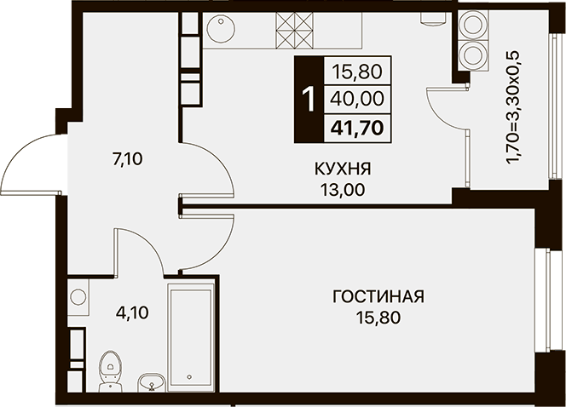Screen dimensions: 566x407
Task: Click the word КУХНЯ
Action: point(343,169)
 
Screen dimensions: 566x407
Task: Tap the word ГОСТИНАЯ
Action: point(378,296)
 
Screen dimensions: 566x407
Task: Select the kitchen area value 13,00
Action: point(343,189)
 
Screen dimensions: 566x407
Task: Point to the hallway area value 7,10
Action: point(128,159)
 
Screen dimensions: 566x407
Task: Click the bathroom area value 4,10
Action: point(132,312)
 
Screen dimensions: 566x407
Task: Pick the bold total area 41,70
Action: point(357,128)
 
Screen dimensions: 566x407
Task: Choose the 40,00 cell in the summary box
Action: point(357,99)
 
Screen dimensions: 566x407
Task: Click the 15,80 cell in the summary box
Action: point(357,72)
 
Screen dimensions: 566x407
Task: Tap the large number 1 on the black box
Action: point(309,99)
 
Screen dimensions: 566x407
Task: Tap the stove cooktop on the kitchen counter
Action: point(293,31)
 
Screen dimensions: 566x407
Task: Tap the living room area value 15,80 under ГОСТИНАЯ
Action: point(378,318)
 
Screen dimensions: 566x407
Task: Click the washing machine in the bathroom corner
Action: point(78,297)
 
